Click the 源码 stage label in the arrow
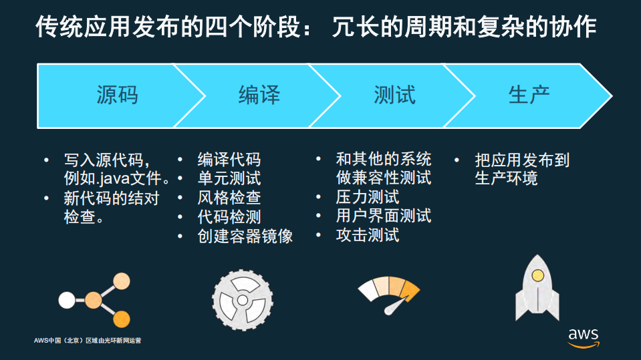tap(117, 96)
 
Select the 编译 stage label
tap(259, 96)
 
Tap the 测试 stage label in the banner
tap(394, 96)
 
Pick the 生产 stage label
tap(529, 96)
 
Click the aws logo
tap(584, 337)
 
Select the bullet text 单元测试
tap(229, 179)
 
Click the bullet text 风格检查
tap(229, 198)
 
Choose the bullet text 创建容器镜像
tap(245, 236)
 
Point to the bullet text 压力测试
tap(367, 197)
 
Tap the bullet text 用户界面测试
tap(383, 216)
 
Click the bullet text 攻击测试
tap(367, 235)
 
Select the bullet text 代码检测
tap(229, 217)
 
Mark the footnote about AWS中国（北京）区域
tap(88, 341)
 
